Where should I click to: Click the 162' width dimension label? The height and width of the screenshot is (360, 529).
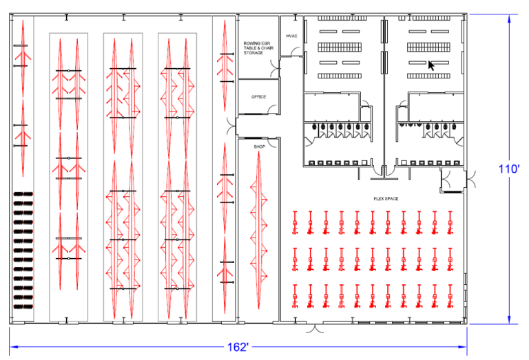pyautogui.click(x=238, y=348)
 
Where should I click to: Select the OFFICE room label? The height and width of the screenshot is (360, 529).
pyautogui.click(x=258, y=97)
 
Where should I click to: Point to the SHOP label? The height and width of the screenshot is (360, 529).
pyautogui.click(x=259, y=147)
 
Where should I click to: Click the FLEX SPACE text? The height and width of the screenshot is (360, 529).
pyautogui.click(x=386, y=199)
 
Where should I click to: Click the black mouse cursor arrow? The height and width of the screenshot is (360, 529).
pyautogui.click(x=431, y=65)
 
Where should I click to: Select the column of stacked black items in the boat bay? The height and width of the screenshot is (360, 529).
pyautogui.click(x=23, y=248)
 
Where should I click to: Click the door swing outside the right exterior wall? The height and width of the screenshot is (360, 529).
pyautogui.click(x=474, y=180)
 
